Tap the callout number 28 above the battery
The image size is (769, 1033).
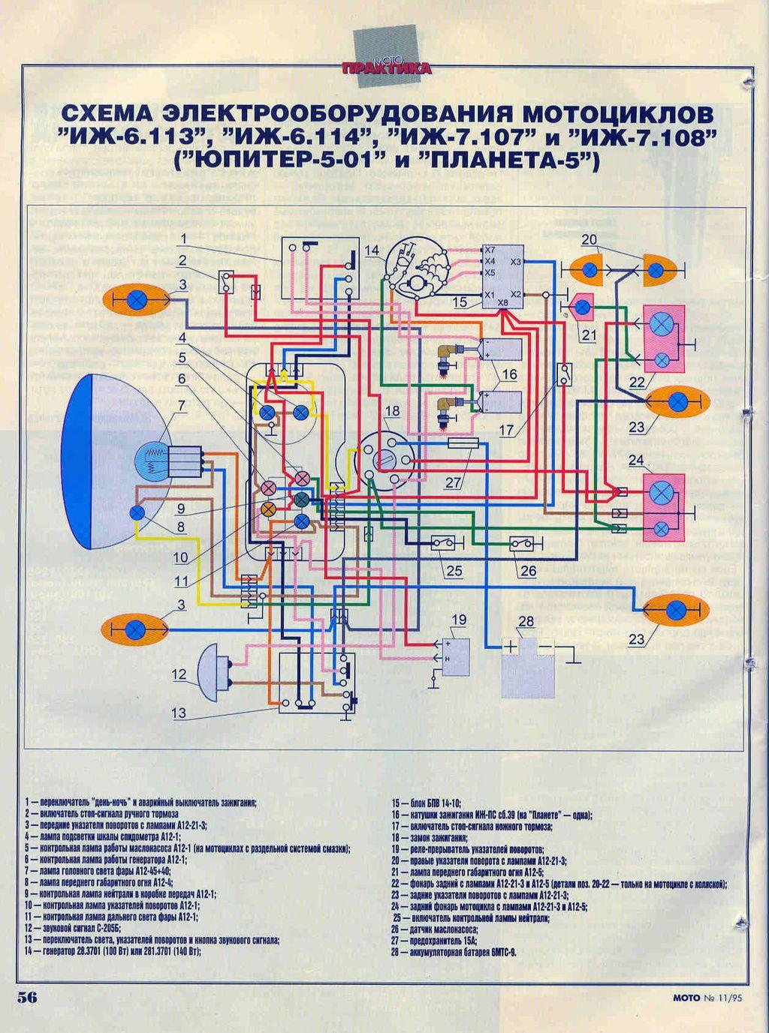pos(526,621)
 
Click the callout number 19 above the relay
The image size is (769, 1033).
pos(458,620)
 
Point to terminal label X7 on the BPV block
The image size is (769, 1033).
pos(490,249)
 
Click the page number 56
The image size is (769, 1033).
pos(27,997)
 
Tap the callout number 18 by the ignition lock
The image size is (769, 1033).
pos(393,410)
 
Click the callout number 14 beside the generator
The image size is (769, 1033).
pos(372,251)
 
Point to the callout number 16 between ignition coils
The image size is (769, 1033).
pos(509,374)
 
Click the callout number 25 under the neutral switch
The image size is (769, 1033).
pos(454,571)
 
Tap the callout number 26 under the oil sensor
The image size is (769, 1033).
pos(528,571)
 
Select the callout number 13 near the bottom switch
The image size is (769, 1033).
pos(179,712)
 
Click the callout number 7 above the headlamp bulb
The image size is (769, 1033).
pos(180,406)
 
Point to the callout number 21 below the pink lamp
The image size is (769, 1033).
pos(588,335)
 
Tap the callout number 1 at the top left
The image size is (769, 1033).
pos(182,239)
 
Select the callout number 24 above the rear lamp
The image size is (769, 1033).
pos(636,460)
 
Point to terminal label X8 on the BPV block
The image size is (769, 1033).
pos(503,302)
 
